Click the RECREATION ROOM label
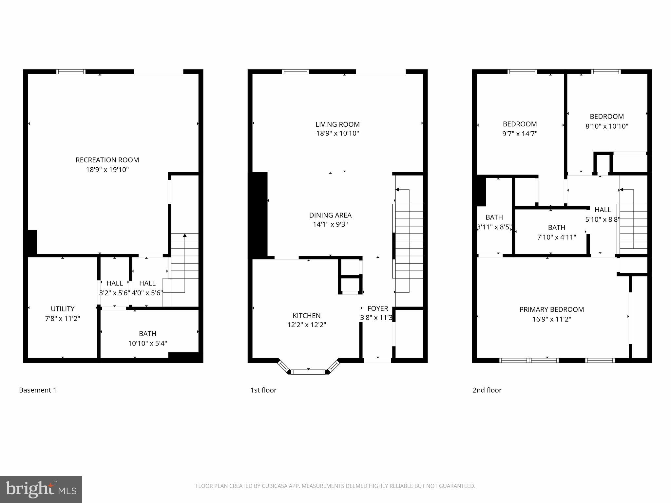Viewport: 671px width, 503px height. point(107,160)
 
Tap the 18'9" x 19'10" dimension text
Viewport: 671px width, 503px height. point(107,170)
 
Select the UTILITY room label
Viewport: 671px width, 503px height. point(63,309)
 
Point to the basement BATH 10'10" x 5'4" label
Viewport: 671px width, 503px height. point(147,334)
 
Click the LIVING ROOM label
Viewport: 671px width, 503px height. point(337,124)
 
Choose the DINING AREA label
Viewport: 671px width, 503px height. point(330,215)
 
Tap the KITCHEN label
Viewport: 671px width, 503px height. point(306,316)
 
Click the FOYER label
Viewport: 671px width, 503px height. point(378,308)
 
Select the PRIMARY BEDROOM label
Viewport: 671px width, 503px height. point(551,309)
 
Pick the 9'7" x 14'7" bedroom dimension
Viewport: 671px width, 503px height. point(520,134)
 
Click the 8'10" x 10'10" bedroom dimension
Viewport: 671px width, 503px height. point(606,126)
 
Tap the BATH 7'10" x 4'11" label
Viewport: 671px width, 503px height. point(556,228)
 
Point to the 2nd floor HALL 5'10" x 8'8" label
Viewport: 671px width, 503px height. point(603,210)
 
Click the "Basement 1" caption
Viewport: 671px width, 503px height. point(38,390)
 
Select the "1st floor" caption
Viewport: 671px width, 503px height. point(263,390)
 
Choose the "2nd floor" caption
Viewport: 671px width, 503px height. point(487,390)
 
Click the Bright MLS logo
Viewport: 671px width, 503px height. point(41,489)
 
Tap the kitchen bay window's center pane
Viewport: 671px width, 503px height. point(308,372)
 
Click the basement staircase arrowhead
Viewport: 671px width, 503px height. point(185,235)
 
